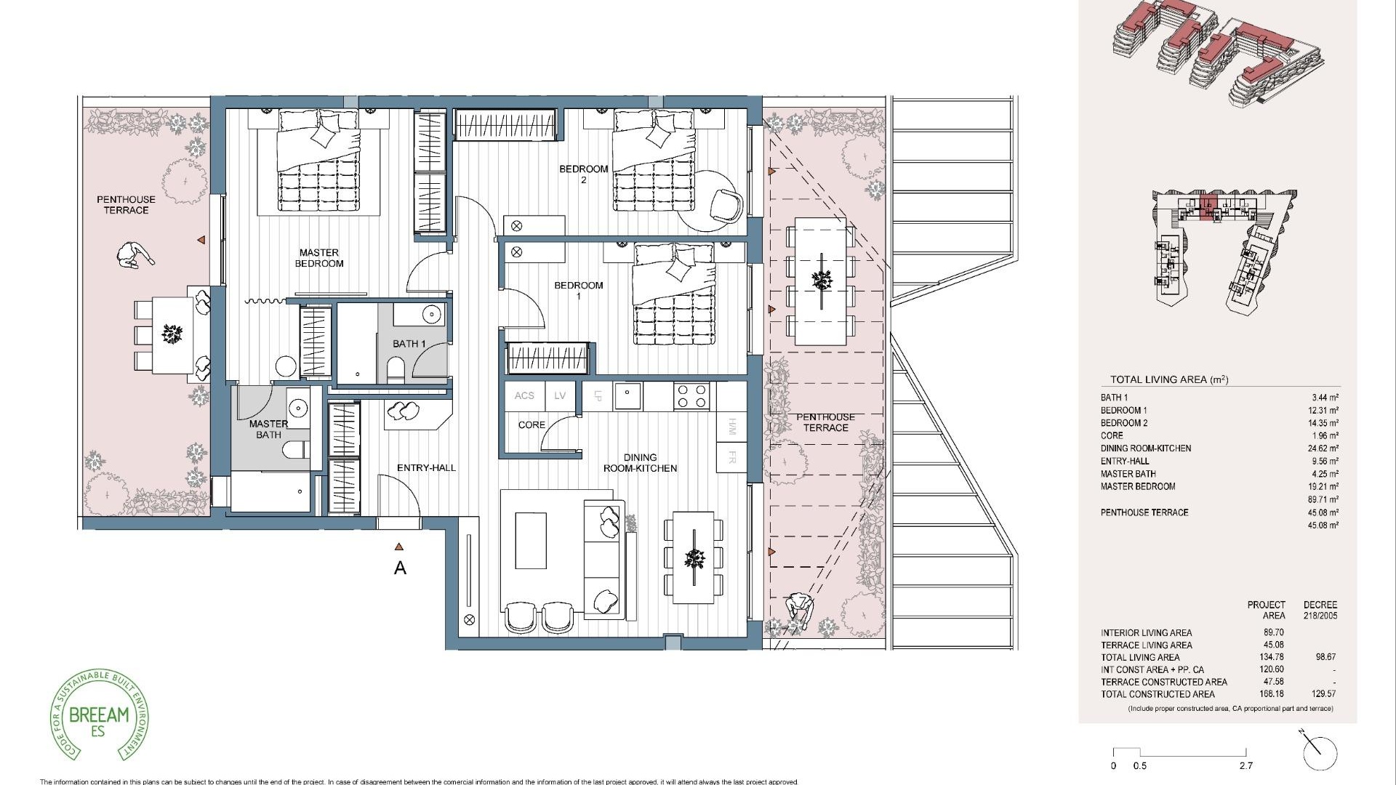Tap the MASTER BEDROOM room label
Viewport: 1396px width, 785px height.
click(x=318, y=258)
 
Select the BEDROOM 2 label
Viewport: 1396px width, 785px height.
click(x=583, y=174)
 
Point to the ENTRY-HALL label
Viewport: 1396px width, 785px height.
click(x=426, y=467)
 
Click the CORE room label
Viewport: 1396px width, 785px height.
click(x=531, y=424)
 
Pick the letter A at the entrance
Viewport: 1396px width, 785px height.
click(x=400, y=568)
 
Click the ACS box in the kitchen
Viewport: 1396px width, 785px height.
click(x=524, y=396)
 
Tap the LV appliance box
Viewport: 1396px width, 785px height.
click(x=560, y=396)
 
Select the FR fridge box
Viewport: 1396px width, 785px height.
click(x=731, y=458)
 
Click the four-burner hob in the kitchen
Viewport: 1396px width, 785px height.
click(x=691, y=396)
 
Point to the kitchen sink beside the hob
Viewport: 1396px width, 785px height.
click(x=627, y=396)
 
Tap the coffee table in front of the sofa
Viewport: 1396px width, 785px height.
click(x=531, y=541)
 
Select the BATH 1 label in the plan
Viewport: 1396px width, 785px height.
click(x=409, y=344)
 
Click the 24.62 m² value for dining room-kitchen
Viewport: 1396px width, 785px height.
click(x=1323, y=448)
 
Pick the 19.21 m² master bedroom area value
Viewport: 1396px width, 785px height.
click(x=1323, y=486)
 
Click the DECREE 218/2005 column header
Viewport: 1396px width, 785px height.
click(x=1320, y=610)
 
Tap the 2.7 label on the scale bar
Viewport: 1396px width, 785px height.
click(x=1246, y=765)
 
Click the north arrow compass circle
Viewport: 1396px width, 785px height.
click(x=1320, y=754)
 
